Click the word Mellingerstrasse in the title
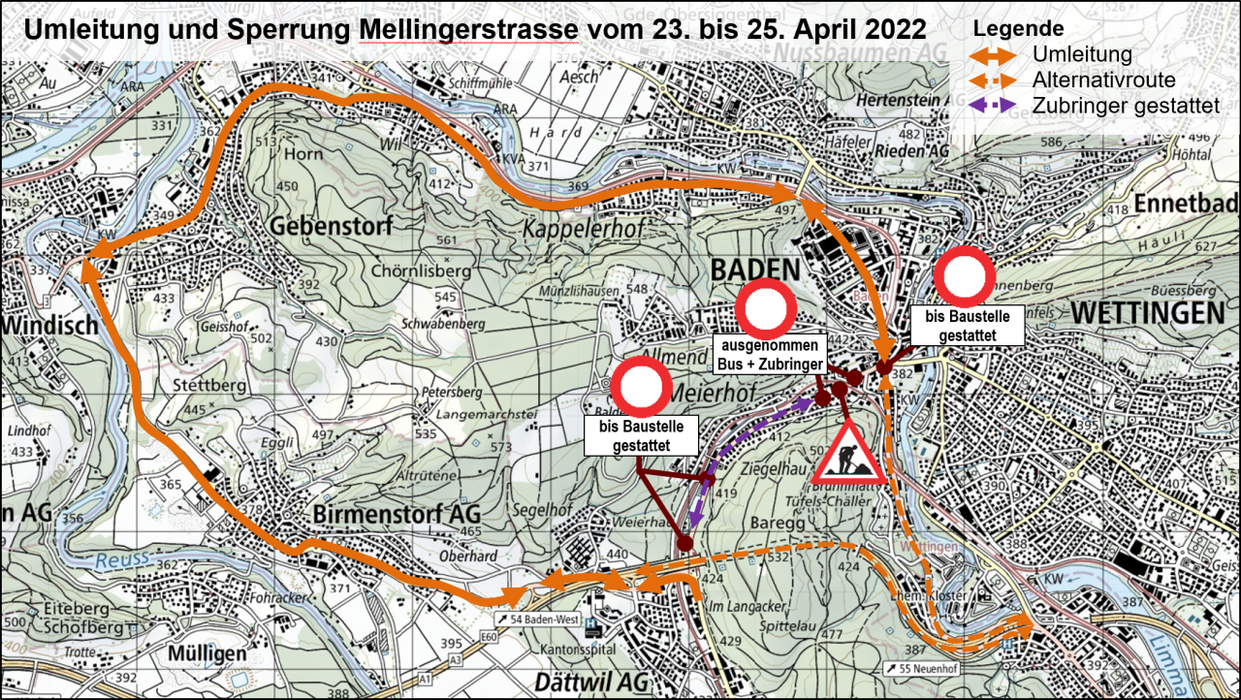(x=468, y=29)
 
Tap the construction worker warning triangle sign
(x=848, y=454)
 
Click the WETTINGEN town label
(x=1148, y=312)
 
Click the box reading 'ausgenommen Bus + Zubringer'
(x=771, y=355)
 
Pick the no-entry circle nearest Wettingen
(x=965, y=275)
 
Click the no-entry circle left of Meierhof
(x=641, y=386)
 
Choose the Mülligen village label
(x=206, y=654)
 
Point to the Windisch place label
(x=48, y=325)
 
